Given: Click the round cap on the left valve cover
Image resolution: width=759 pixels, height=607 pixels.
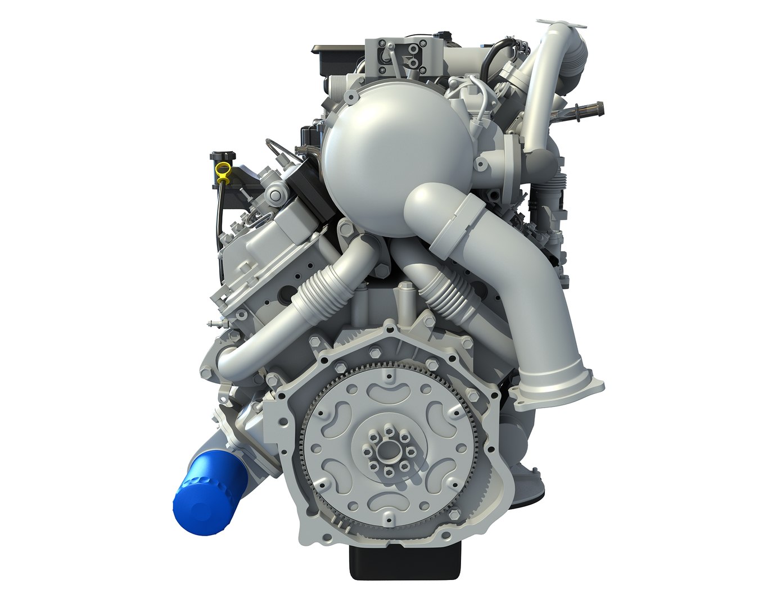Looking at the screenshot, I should pos(275,196).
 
